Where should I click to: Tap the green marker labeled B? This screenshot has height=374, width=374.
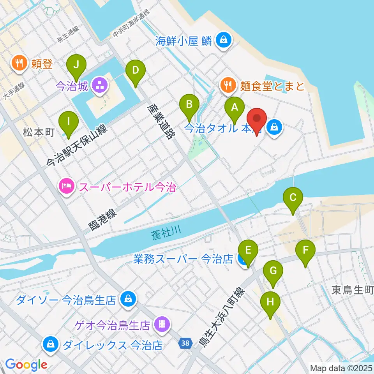189,104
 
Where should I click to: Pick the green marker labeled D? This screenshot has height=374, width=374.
135,71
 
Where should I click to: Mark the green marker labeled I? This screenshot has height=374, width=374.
69,122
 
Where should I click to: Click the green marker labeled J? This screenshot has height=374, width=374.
76,65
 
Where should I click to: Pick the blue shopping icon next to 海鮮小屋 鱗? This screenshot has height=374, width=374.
224,40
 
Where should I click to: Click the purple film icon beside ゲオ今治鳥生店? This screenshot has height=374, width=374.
161,323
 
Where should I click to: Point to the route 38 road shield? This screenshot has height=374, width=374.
185,343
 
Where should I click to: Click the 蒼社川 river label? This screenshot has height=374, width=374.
166,234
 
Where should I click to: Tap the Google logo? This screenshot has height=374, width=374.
26,365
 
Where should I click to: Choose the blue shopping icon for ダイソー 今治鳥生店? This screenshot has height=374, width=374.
127,299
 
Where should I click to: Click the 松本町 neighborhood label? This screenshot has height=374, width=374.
39,132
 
